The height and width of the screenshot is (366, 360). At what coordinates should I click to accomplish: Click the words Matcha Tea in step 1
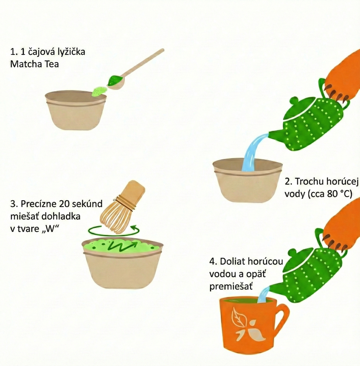[x=34, y=64]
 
